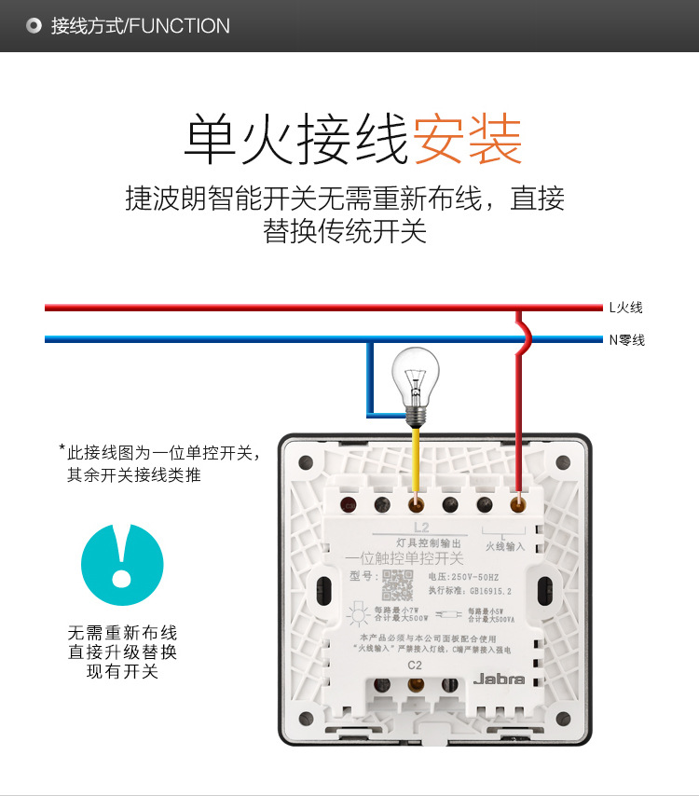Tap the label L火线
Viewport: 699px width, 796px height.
tap(625, 308)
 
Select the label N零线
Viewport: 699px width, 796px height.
tap(626, 340)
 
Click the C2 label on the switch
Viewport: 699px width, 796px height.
tap(416, 665)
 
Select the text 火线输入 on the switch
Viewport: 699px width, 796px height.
tap(505, 546)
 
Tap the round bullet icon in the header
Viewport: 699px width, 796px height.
tap(34, 26)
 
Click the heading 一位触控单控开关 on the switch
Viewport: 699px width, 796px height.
tap(404, 558)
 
